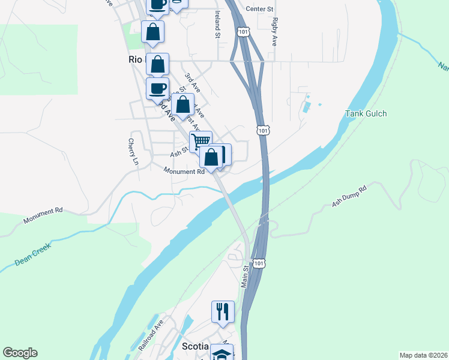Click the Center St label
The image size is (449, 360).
(260, 10)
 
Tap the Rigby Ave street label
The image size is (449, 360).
(275, 31)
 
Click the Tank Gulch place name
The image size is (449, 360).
(366, 114)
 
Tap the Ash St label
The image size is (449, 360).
(179, 153)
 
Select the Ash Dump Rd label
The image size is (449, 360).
(349, 196)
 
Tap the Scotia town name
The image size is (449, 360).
(195, 347)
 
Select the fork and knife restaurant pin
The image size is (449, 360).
(222, 311)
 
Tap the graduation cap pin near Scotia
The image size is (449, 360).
(221, 353)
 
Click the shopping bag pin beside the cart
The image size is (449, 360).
(211, 157)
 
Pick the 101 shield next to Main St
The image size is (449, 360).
(258, 263)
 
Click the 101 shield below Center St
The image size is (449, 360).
(242, 31)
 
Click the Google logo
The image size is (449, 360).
(20, 353)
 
